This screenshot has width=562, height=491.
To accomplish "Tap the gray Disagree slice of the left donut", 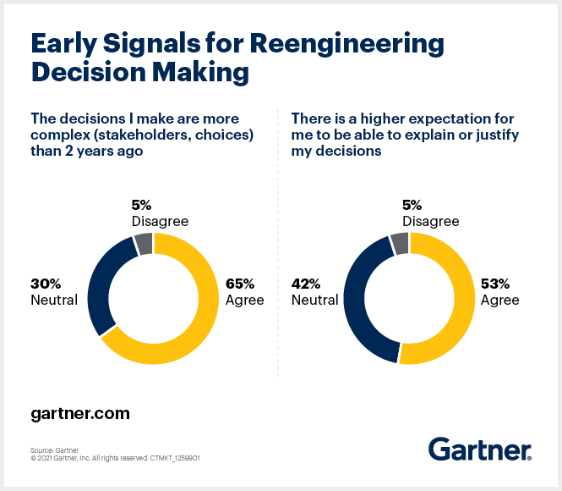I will pyautogui.click(x=143, y=244).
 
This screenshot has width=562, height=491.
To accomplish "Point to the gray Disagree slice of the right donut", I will pyautogui.click(x=400, y=244).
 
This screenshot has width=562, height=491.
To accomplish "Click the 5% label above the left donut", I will pyautogui.click(x=140, y=204).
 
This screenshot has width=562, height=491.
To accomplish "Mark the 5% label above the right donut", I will pyautogui.click(x=412, y=204).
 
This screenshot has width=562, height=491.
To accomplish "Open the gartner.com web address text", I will pyautogui.click(x=80, y=414).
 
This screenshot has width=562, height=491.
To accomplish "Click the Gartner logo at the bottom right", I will pyautogui.click(x=479, y=449).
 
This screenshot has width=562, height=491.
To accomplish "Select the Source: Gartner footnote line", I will pyautogui.click(x=55, y=450).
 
